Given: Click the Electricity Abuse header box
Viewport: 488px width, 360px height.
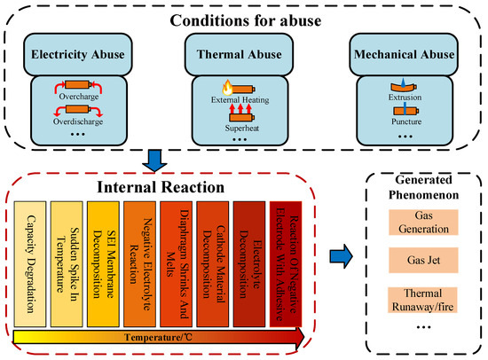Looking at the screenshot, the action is click(78, 54).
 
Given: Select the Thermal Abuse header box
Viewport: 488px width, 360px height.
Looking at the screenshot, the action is click(239, 54).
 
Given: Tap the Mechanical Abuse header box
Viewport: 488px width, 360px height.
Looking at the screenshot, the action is click(404, 54).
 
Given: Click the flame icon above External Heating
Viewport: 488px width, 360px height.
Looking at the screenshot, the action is click(227, 88).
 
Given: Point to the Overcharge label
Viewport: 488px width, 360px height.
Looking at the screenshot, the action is click(79, 97).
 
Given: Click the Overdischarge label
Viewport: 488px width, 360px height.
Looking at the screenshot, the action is click(78, 121).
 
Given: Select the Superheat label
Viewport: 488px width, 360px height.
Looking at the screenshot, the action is click(242, 128).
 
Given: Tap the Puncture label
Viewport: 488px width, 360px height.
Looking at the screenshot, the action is click(406, 121).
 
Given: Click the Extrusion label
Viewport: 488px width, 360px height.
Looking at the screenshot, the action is click(405, 97).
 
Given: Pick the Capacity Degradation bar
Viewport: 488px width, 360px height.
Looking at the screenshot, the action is click(30, 264).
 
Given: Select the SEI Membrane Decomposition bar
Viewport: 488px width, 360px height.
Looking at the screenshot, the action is click(103, 264).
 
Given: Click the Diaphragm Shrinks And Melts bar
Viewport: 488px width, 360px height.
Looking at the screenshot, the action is click(177, 264).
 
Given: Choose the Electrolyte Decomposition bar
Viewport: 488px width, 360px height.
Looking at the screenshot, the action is click(249, 264).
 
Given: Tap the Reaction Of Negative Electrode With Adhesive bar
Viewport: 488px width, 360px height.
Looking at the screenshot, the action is click(286, 264).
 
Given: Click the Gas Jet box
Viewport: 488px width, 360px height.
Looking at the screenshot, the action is click(423, 260).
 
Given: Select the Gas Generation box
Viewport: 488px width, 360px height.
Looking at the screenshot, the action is click(423, 223).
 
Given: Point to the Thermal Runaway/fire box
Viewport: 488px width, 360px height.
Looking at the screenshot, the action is click(422, 300).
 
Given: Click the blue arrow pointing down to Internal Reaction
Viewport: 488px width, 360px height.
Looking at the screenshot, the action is click(154, 160).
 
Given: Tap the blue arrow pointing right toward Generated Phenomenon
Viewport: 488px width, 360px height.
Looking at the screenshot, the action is click(341, 256).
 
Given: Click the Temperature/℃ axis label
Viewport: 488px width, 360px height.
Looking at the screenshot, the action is click(158, 337).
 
